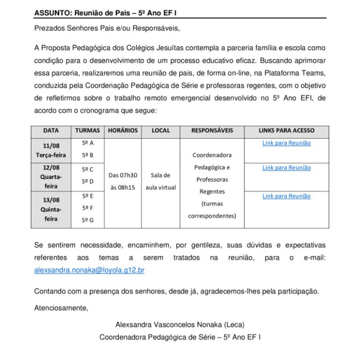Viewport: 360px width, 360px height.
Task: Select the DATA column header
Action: pyautogui.click(x=51, y=131)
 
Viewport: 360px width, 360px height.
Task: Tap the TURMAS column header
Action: pyautogui.click(x=87, y=131)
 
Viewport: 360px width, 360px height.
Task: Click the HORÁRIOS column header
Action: pyautogui.click(x=123, y=131)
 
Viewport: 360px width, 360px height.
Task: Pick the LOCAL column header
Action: pyautogui.click(x=160, y=131)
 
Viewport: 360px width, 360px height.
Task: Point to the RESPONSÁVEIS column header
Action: pyautogui.click(x=212, y=131)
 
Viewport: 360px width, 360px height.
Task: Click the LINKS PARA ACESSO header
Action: pyautogui.click(x=286, y=131)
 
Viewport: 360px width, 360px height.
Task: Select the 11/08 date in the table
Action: pyautogui.click(x=51, y=146)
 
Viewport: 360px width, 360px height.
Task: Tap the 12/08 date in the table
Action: pyautogui.click(x=51, y=168)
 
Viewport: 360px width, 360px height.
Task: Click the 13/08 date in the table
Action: pyautogui.click(x=51, y=200)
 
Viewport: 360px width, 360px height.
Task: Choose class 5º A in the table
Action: pyautogui.click(x=87, y=142)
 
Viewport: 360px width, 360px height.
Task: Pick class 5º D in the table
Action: pyautogui.click(x=87, y=182)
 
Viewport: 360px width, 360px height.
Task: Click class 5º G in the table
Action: pyautogui.click(x=87, y=220)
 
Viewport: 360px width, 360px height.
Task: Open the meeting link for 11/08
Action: pyautogui.click(x=286, y=143)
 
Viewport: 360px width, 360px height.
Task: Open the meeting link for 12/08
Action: pyautogui.click(x=286, y=168)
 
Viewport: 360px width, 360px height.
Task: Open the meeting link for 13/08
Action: pyautogui.click(x=286, y=196)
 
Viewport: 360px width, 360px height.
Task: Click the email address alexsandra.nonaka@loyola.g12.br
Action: pyautogui.click(x=89, y=270)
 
